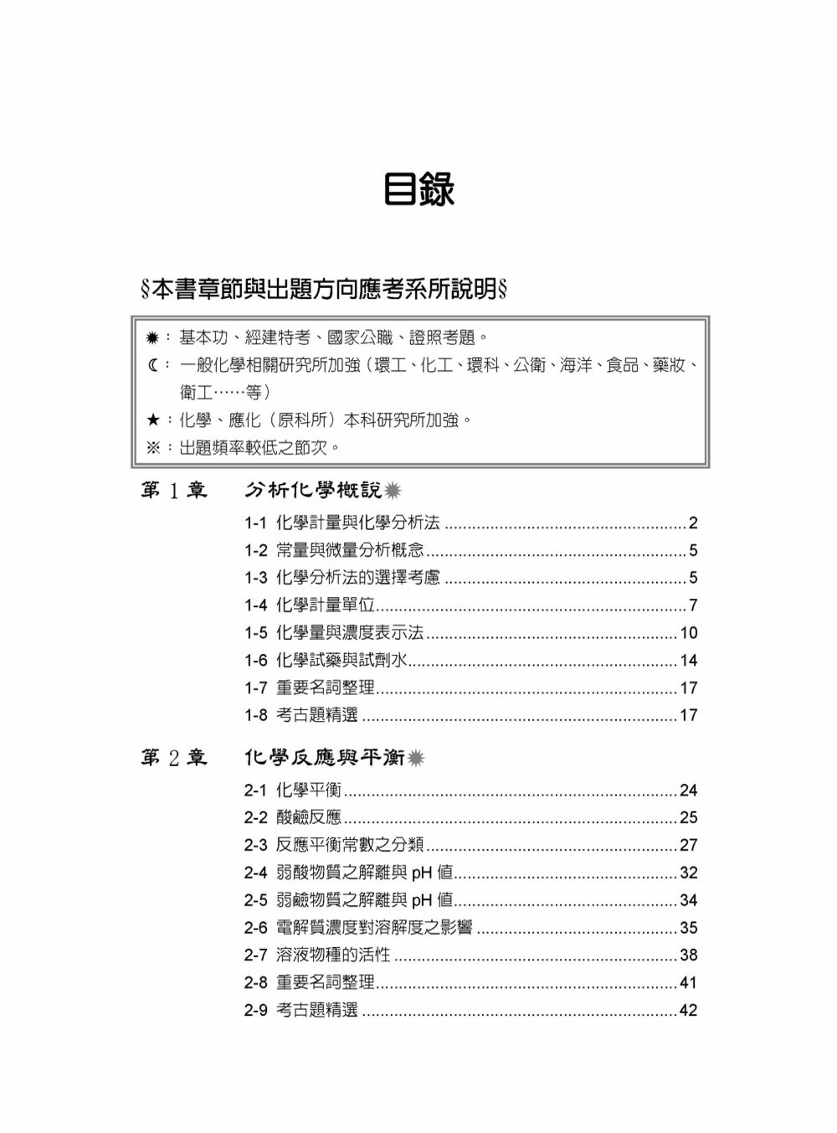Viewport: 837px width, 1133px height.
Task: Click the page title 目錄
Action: click(418, 190)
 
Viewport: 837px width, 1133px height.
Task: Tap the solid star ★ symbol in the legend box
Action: click(153, 420)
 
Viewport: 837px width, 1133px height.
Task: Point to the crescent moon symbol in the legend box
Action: click(152, 365)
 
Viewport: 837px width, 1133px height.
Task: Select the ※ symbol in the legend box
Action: click(153, 447)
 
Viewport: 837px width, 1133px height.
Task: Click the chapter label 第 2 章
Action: click(173, 759)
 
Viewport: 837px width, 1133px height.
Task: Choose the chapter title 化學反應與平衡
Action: click(325, 758)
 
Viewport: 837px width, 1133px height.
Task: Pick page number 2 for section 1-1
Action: click(692, 524)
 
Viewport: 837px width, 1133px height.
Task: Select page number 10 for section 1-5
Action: click(688, 633)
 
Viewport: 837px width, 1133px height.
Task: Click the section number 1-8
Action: click(255, 716)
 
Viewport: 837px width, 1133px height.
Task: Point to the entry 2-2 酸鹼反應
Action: click(293, 818)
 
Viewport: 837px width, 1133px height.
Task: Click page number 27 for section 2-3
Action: click(688, 846)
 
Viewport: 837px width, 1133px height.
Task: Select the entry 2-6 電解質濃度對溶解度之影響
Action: click(358, 928)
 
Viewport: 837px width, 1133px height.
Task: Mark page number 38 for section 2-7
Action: click(688, 955)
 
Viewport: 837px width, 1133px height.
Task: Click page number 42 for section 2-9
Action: click(688, 1011)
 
